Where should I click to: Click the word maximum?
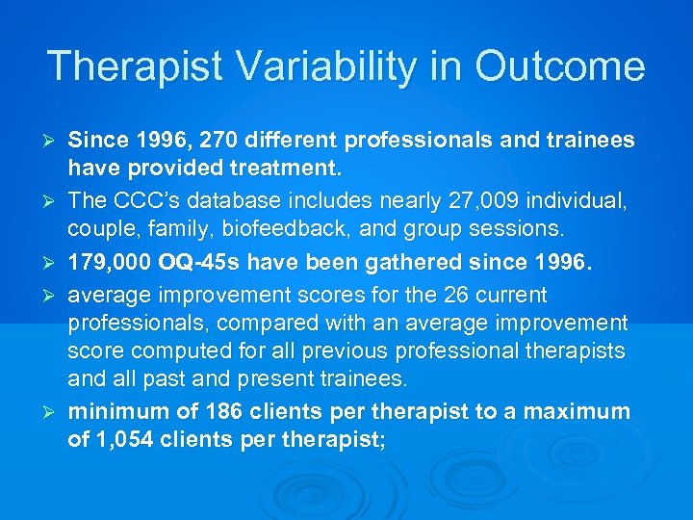click(x=578, y=412)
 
